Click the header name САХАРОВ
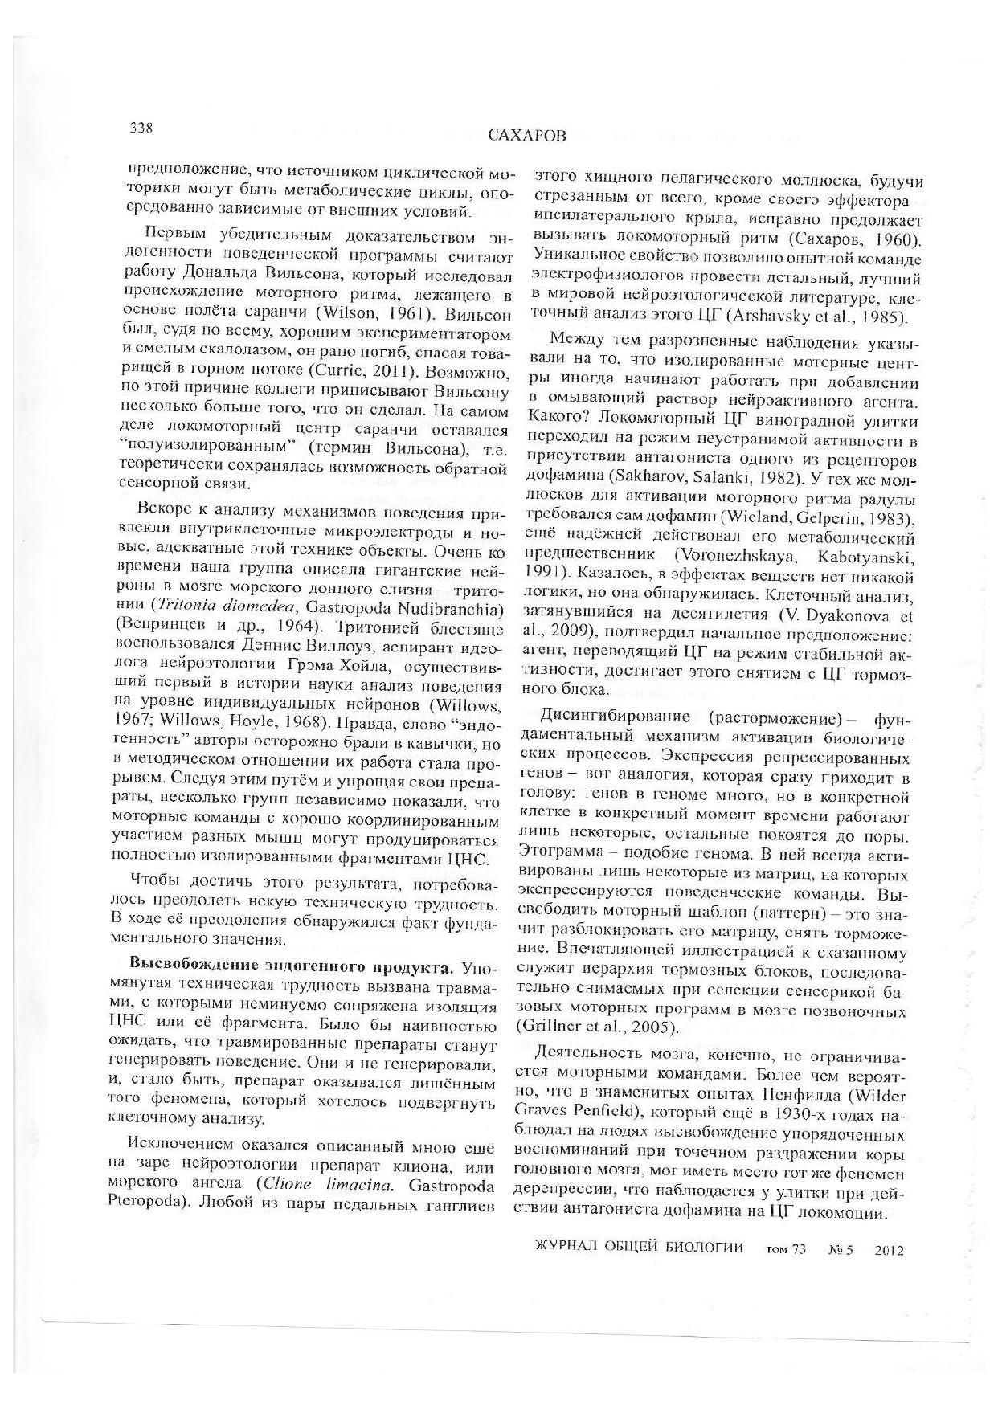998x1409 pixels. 526,136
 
